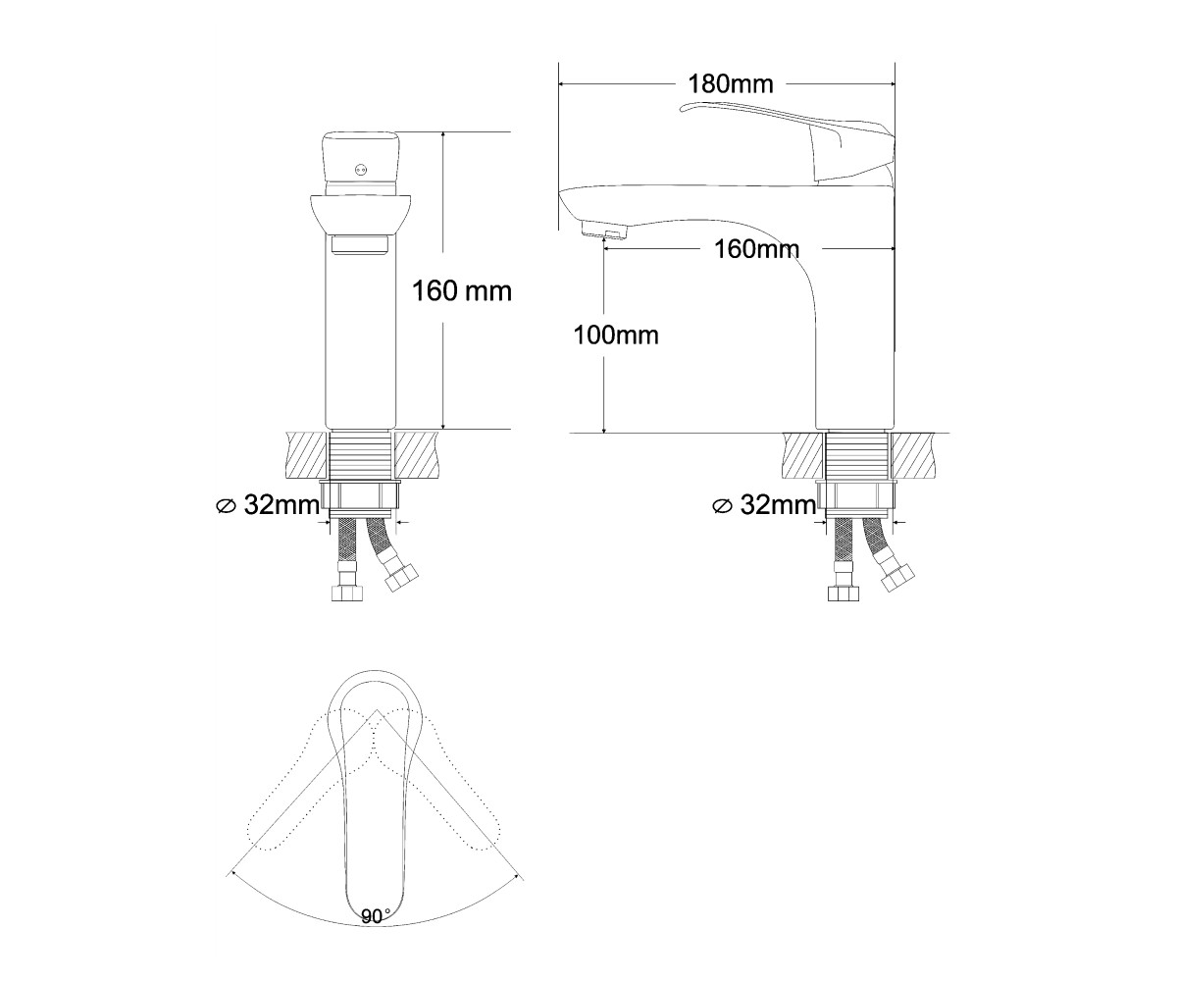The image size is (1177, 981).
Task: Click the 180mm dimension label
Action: point(731,84)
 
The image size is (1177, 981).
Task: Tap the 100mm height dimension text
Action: point(616,336)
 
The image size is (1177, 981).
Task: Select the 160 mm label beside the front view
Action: point(462,291)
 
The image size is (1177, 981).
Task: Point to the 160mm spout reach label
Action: point(756,249)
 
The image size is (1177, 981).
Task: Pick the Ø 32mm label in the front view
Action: point(269,506)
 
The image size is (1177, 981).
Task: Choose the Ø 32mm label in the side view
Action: point(764,506)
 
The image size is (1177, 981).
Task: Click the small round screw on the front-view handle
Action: point(360,169)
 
